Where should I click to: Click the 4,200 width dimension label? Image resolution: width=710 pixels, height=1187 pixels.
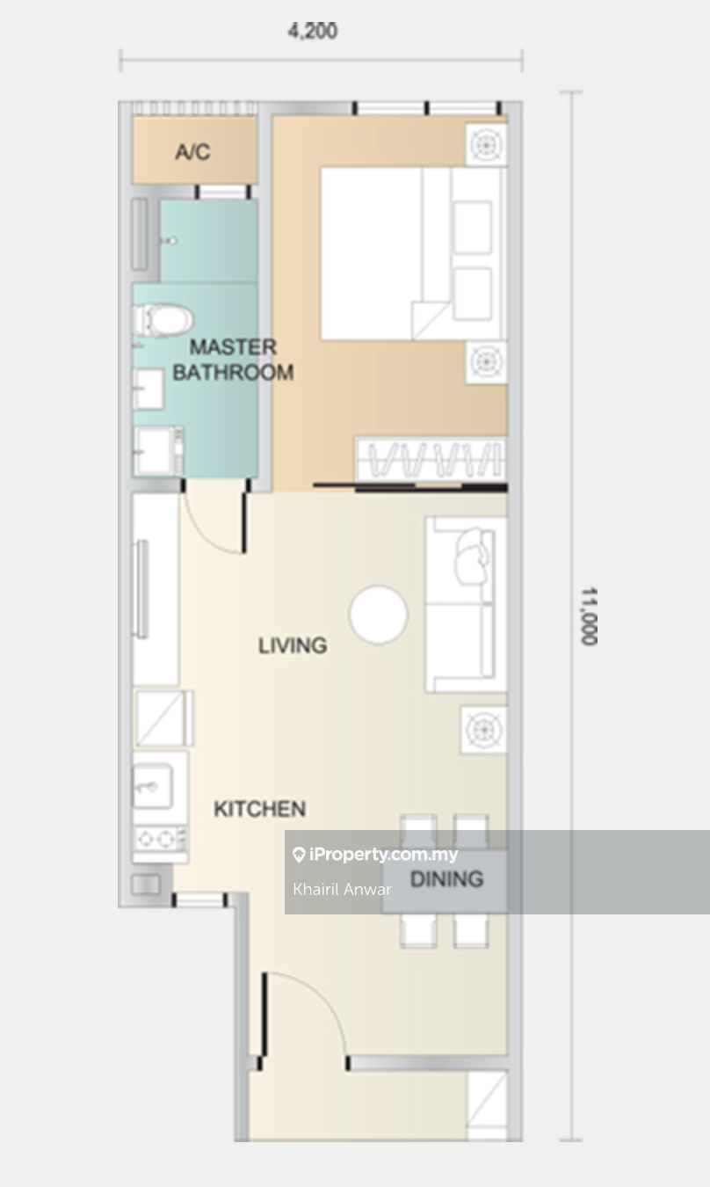[x=312, y=32]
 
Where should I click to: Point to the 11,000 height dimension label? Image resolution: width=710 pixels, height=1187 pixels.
[x=590, y=615]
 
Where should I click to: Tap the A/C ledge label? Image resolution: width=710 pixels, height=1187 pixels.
[x=192, y=152]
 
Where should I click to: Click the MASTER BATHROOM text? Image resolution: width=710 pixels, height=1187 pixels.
[x=233, y=360]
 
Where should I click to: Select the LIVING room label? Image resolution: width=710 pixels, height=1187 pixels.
[x=293, y=645]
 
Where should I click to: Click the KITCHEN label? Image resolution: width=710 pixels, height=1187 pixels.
[x=259, y=809]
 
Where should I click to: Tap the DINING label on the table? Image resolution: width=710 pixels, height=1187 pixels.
[x=447, y=879]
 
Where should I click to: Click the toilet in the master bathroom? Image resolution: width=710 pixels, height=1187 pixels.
[x=163, y=320]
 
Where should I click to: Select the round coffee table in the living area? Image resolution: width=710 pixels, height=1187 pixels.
[x=378, y=615]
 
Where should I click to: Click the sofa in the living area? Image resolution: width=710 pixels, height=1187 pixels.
[x=466, y=605]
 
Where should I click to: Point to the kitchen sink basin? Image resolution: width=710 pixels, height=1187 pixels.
[x=153, y=786]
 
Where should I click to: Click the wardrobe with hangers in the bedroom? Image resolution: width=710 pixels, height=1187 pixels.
[x=431, y=460]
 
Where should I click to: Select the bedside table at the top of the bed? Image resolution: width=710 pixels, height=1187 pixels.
[x=486, y=145]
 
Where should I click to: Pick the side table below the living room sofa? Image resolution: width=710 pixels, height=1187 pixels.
[x=483, y=730]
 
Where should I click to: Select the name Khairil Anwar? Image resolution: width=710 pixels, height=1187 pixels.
[x=342, y=889]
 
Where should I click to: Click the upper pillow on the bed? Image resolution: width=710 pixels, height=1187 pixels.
[x=472, y=228]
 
